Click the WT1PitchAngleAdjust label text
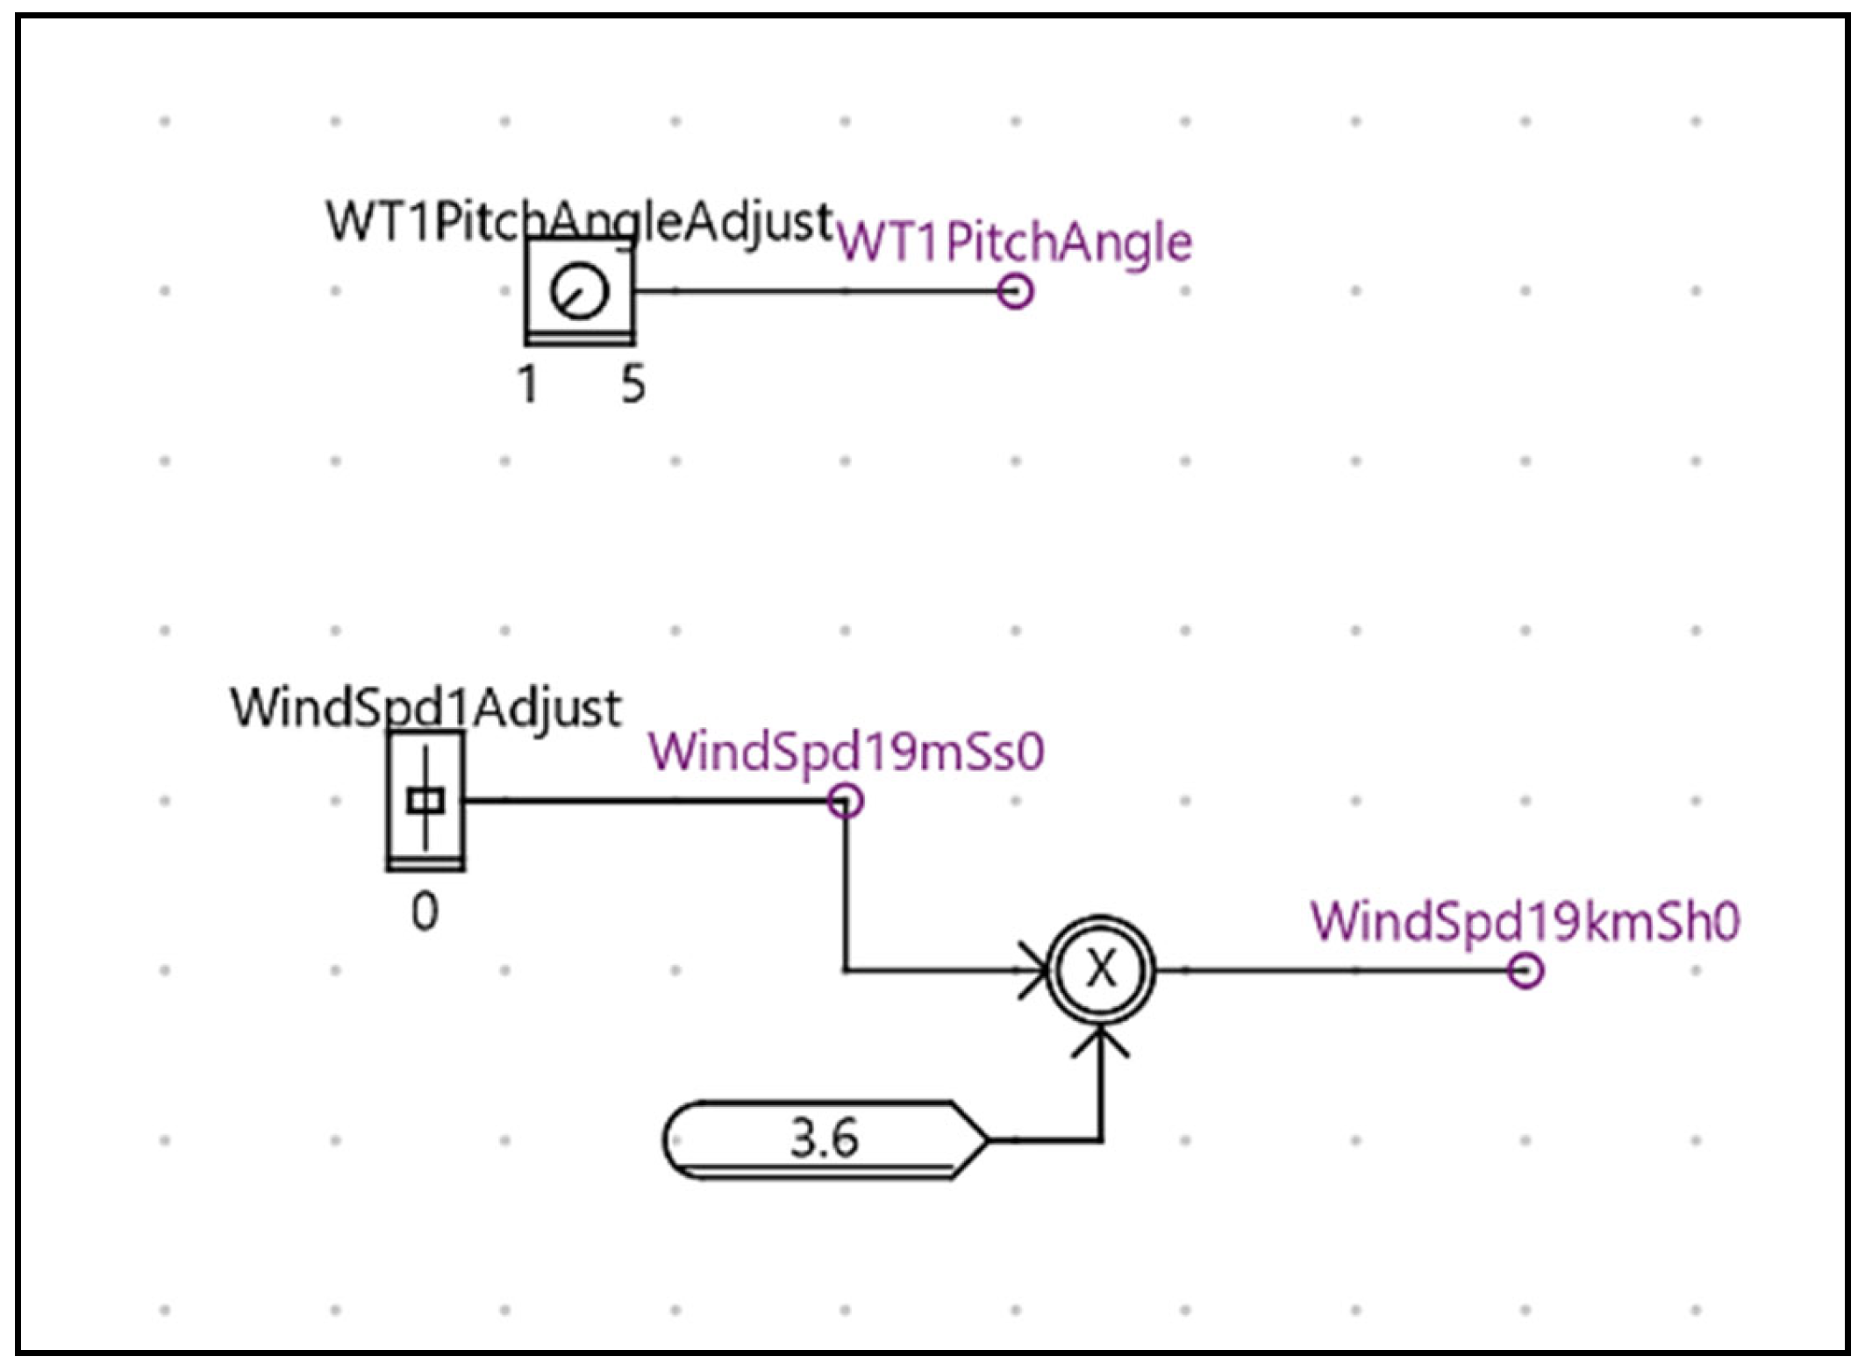pos(579,220)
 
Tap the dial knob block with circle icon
pos(580,291)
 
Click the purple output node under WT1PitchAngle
pos(1015,291)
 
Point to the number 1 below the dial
pos(527,384)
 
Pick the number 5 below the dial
pos(633,384)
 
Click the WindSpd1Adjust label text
pos(426,707)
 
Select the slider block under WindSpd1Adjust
pos(426,800)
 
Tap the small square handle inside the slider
pos(426,800)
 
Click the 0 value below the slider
pos(425,912)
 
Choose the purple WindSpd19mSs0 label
pos(847,752)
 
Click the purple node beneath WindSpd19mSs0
pos(846,801)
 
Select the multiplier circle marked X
pos(1102,970)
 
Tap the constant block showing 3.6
pos(825,1139)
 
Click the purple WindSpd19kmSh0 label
pos(1525,922)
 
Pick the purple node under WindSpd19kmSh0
pos(1526,971)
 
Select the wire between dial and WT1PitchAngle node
pos(816,291)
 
